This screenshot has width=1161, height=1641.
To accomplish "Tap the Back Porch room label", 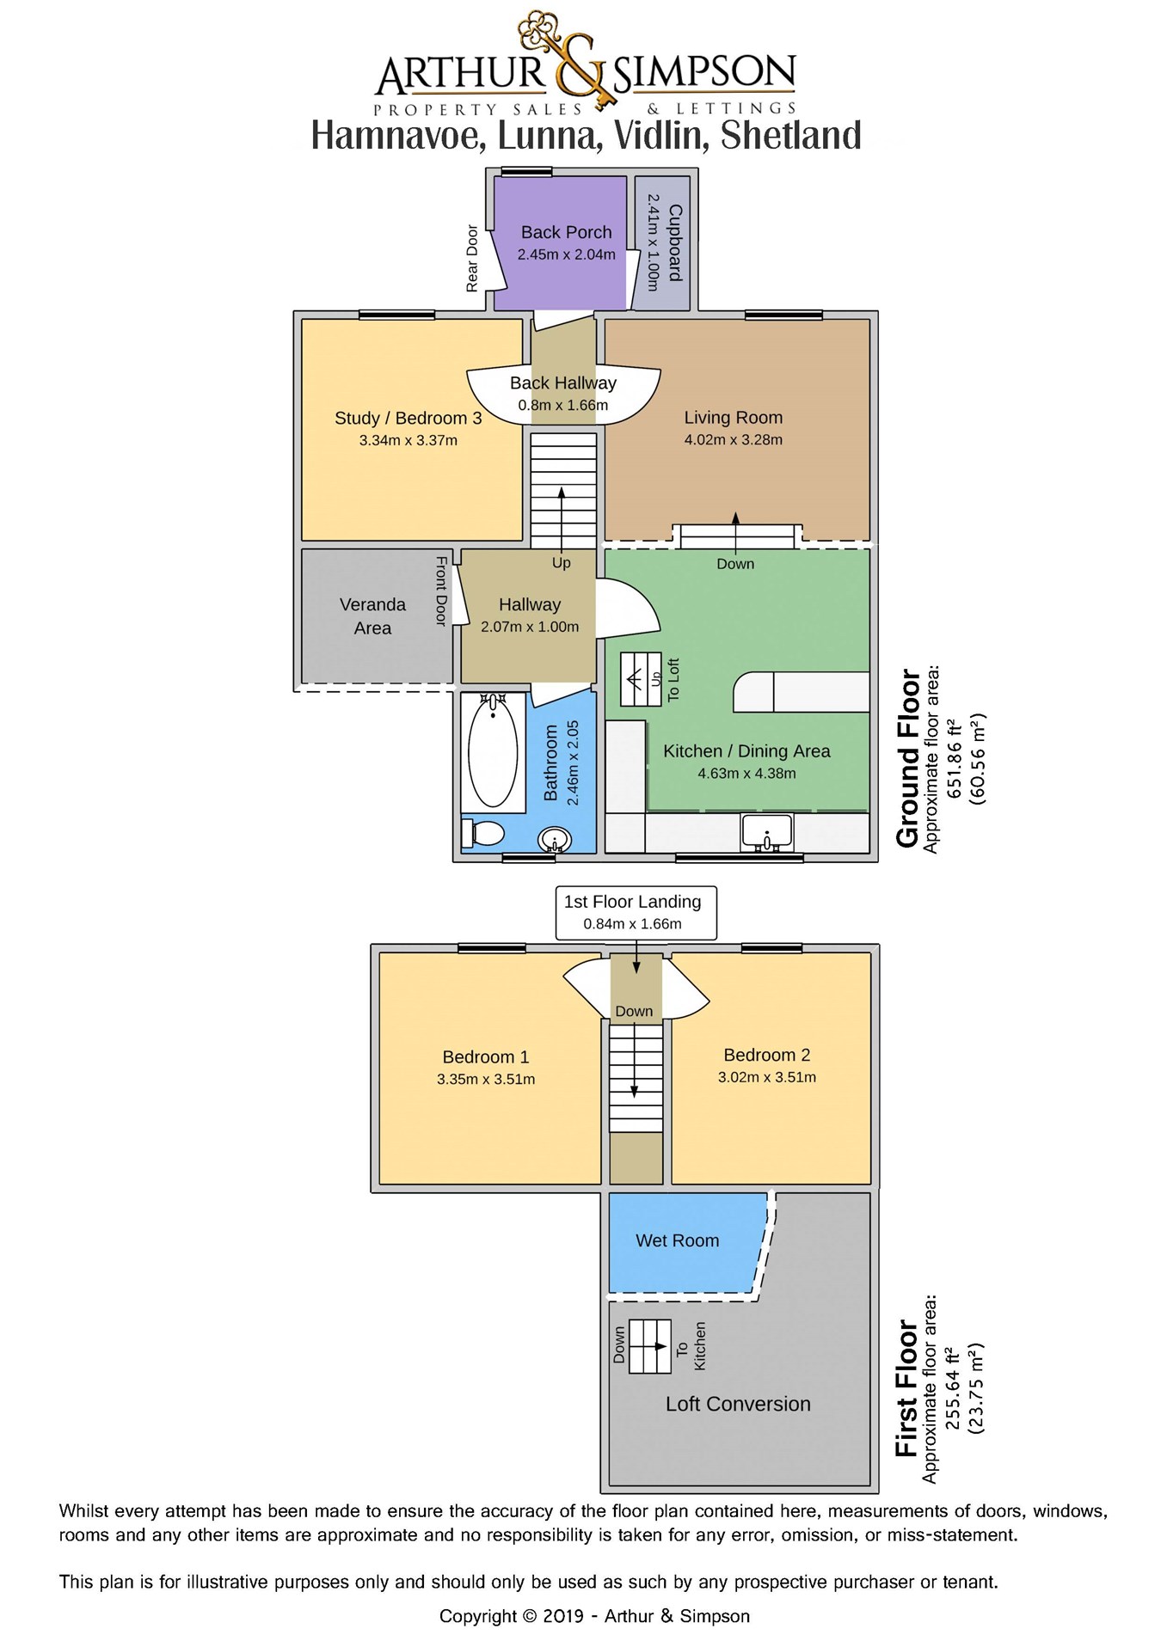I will pos(566,232).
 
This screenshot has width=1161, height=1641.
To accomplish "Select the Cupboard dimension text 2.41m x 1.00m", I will pos(653,242).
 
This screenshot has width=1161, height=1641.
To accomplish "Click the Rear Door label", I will pos(472,259).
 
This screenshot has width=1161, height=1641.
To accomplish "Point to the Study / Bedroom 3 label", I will pos(408,418).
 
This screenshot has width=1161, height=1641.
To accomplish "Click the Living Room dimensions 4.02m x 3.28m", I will pos(733,440).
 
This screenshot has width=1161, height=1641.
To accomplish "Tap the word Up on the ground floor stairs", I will pos(561,563).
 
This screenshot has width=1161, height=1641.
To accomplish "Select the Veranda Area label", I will pos(372,615).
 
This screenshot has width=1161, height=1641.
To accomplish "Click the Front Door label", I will pos(441,591).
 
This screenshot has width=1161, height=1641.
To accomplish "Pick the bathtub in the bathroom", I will pos(493,751).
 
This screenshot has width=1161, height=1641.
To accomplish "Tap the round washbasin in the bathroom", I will pos(556,840).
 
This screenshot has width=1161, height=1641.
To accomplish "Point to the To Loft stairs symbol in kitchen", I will pos(641,679).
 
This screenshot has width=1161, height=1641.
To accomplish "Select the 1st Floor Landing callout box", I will pos(632,912).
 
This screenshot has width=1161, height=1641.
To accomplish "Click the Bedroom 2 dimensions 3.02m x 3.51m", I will pos(766,1077).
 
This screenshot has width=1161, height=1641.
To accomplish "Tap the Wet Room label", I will pos(677,1240).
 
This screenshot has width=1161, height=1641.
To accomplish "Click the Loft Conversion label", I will pos(738,1404).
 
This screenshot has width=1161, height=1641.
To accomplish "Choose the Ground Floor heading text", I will pos(908,759).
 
